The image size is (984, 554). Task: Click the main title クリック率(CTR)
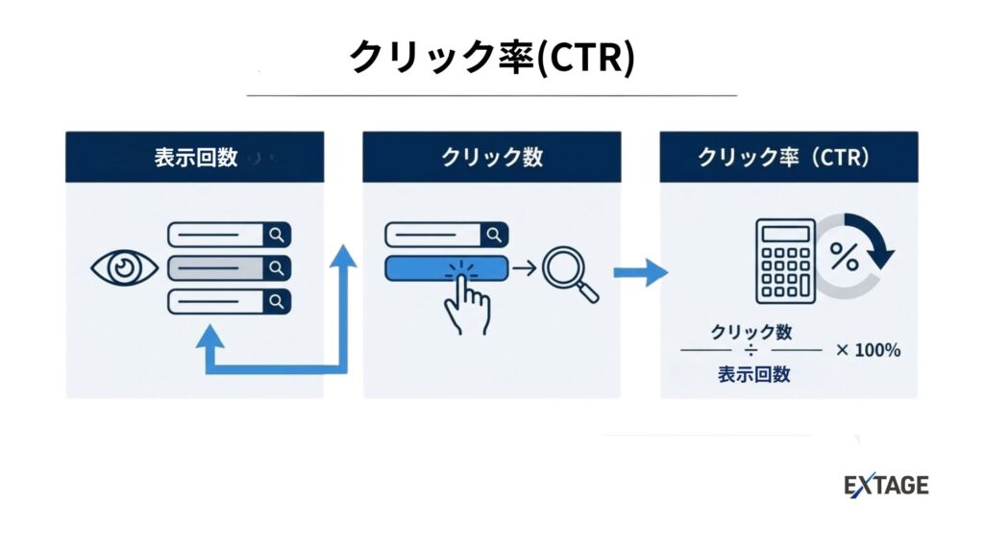491,58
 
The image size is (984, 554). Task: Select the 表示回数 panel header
195,157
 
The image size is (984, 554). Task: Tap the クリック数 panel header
491,157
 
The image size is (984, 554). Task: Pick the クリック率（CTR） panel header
788,157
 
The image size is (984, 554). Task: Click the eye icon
124,267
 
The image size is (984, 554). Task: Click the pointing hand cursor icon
467,300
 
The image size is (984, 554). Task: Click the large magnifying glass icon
569,272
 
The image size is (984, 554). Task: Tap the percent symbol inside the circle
845,257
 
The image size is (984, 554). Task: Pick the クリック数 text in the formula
751,332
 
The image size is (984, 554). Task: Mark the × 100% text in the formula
868,351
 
